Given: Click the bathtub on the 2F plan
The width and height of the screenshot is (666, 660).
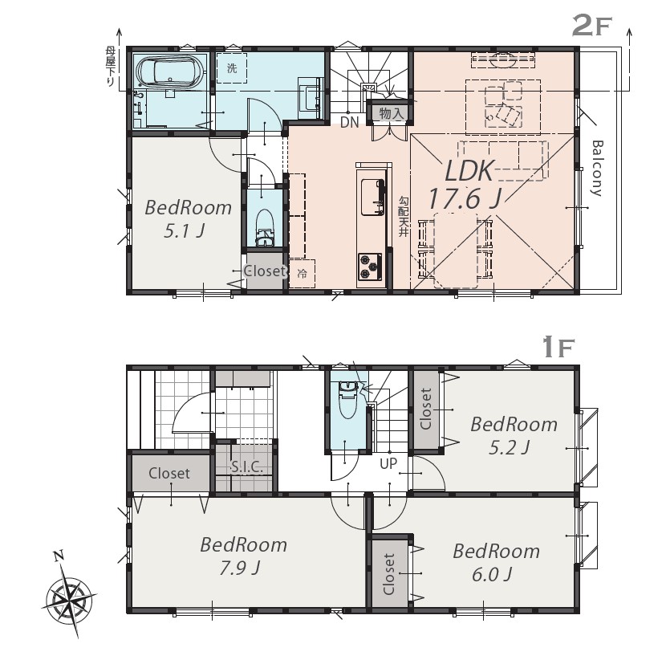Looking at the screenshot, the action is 170,71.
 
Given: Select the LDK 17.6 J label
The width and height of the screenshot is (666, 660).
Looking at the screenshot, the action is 466,185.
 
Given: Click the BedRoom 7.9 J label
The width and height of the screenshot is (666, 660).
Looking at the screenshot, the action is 243,556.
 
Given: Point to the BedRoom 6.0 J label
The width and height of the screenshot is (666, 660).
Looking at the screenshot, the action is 496,563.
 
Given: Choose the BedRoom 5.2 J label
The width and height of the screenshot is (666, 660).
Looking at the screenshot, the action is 514,436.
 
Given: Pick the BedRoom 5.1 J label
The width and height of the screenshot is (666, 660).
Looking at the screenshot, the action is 188,219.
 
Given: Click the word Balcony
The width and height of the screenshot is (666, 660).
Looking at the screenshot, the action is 597,168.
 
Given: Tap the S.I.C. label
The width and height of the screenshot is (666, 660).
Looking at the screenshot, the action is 246,467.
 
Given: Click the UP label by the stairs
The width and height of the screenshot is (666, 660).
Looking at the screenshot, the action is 388,463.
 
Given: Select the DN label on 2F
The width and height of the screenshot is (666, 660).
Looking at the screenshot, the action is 350,122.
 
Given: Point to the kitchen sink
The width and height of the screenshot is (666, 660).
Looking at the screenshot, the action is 372,197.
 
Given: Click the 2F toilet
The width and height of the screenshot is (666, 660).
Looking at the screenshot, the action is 265,227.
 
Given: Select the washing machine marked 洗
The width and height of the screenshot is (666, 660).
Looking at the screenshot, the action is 231,68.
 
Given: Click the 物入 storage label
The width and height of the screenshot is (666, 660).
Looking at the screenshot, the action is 391,113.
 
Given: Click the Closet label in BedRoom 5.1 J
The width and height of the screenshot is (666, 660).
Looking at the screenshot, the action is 264,271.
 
